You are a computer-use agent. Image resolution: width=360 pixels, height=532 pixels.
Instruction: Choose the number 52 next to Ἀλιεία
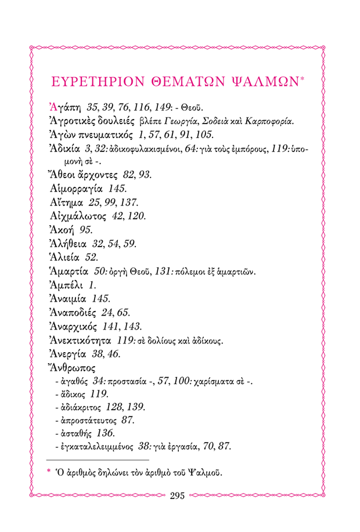click(x=91, y=257)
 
